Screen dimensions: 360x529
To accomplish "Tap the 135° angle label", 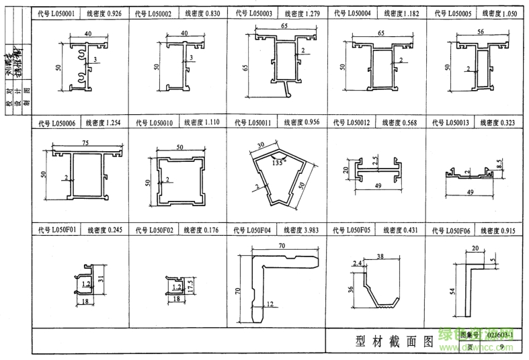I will click(x=274, y=162).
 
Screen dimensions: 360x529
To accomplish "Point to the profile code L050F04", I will click(x=259, y=230).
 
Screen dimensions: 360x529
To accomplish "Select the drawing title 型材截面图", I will click(x=393, y=341).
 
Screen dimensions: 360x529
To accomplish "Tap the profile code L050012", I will click(x=358, y=122).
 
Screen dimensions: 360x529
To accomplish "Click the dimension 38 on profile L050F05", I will click(x=380, y=257).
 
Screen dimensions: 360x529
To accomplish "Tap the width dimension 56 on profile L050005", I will click(x=480, y=32).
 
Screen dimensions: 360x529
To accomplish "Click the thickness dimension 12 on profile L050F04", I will click(x=269, y=304).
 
